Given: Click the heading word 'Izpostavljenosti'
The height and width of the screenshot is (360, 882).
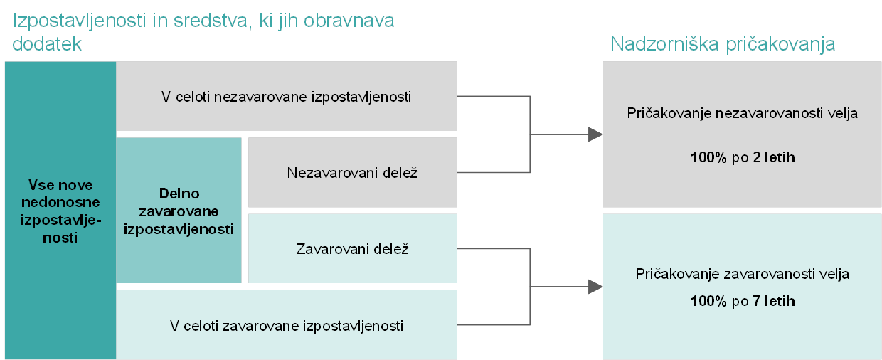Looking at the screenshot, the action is [x=80, y=21].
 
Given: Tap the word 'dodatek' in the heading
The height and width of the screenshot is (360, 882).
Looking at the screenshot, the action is [x=47, y=43].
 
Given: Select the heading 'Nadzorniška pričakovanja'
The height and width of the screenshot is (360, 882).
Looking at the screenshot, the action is [x=723, y=44].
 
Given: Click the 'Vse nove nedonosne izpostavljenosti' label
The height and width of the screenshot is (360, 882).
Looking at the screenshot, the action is [x=60, y=211].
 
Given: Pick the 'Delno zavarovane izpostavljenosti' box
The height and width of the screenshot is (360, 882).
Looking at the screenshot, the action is [x=179, y=211].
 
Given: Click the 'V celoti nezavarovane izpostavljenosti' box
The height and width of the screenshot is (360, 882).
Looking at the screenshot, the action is [x=287, y=96].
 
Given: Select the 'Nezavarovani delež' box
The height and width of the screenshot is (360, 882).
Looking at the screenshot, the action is [x=352, y=172].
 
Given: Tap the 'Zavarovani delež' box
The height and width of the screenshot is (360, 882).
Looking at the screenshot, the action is [x=352, y=248].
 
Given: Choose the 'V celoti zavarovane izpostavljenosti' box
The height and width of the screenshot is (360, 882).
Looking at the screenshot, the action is [x=287, y=325].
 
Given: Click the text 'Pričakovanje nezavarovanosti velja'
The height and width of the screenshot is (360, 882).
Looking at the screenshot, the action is [x=742, y=113].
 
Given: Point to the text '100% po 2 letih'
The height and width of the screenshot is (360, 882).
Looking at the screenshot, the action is [x=743, y=157].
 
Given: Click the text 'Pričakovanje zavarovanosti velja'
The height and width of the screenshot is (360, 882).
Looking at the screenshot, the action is [x=742, y=274].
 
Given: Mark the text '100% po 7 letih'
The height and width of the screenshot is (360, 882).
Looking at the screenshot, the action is [x=743, y=302].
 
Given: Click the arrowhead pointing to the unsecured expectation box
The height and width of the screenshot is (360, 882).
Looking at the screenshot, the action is [x=595, y=134].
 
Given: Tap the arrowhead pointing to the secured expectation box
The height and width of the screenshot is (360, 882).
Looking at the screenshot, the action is [x=595, y=287].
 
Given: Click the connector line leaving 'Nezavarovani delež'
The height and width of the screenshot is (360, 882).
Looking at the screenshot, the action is [x=494, y=172].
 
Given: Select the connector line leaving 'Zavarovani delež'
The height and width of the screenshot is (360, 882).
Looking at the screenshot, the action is [x=494, y=248].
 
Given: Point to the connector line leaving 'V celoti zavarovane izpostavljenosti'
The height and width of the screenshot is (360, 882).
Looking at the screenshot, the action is [x=494, y=325].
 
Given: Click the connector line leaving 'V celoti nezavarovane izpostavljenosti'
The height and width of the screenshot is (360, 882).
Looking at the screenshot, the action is [x=494, y=96].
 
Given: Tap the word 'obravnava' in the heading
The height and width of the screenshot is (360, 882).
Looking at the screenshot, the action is [x=349, y=21].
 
